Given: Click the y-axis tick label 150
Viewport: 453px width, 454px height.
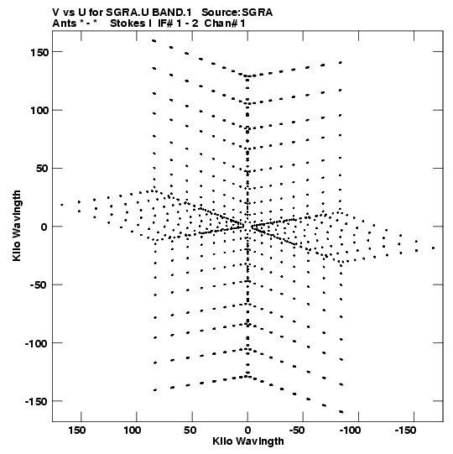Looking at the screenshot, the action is coord(39,53).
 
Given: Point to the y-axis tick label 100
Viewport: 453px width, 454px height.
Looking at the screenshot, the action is coord(39,111).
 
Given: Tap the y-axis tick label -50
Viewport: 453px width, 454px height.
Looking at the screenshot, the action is coord(39,285).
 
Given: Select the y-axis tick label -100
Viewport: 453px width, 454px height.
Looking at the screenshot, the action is coord(36,344).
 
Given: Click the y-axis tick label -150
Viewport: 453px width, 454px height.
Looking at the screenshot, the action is coord(36,402).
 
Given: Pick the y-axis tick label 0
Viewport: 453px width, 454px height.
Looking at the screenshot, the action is coord(44,227).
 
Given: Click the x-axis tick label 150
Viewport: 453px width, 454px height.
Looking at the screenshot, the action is coord(76,431).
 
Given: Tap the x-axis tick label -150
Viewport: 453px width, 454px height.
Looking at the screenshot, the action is coord(405,431).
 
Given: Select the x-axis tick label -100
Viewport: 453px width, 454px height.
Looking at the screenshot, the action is coord(350,431).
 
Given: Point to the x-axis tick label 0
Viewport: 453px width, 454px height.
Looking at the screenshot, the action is coord(247,431).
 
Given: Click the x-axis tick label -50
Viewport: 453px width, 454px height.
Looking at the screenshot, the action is coord(297,431).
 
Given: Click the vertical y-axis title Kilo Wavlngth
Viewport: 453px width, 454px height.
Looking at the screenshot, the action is coord(17,226).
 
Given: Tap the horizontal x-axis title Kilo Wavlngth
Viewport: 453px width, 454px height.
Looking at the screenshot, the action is coord(248,441).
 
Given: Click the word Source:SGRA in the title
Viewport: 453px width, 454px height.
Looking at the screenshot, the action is coord(237,13).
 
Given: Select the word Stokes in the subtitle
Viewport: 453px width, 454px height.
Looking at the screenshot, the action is coord(128,23).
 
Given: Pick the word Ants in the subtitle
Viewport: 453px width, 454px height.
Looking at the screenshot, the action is coord(64,23).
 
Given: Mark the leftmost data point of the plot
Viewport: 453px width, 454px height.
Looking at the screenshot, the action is coord(61,205).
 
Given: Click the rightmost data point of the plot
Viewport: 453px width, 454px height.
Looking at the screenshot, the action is coord(433,248).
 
